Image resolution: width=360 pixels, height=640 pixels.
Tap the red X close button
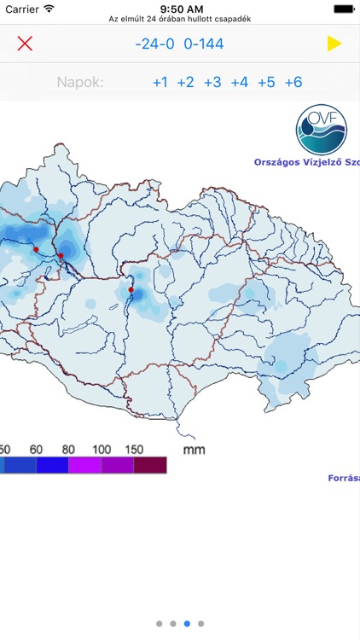[x=25, y=44]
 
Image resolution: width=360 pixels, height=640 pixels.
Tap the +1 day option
[x=160, y=83]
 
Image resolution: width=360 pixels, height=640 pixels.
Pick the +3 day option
[x=212, y=83]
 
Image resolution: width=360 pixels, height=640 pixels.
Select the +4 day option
[x=240, y=83]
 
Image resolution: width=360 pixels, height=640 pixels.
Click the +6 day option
[x=293, y=83]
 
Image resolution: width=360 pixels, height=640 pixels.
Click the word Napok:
[x=80, y=83]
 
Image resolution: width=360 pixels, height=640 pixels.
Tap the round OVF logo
[x=322, y=129]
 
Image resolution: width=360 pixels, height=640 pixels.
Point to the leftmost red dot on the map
[x=36, y=249]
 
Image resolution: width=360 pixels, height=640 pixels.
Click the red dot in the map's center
[x=131, y=290]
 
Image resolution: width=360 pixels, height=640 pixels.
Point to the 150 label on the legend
[x=133, y=449]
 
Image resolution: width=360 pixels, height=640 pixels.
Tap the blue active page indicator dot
[x=188, y=624]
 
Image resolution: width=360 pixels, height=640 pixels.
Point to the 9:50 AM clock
[x=180, y=8]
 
